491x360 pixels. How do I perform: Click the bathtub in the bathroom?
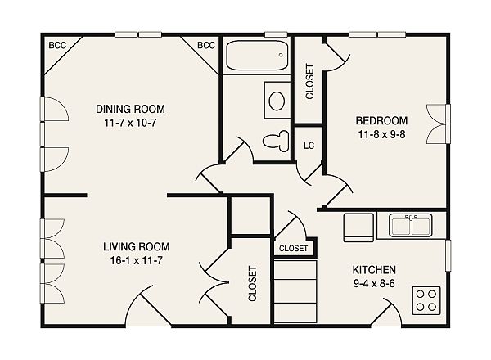tap(257, 56)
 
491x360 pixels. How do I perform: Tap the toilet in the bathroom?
tap(276, 142)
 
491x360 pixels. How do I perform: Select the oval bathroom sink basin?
tap(277, 101)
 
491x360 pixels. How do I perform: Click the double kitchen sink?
tap(411, 225)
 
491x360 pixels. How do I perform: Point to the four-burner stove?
tap(426, 300)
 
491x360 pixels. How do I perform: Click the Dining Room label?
tap(130, 109)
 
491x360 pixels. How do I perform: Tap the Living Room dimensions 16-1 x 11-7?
tap(136, 260)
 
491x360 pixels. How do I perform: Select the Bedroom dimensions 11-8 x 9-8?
tap(381, 135)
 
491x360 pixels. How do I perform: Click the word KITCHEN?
tap(374, 270)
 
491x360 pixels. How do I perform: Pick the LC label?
tap(309, 146)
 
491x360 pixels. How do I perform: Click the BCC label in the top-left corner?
tap(57, 45)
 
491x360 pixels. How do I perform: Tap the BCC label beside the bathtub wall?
tap(206, 45)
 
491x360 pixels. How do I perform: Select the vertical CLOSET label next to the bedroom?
tap(309, 82)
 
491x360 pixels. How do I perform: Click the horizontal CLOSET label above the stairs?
tap(294, 249)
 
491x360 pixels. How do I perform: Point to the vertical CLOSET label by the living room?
tap(252, 284)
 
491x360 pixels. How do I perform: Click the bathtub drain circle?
tap(281, 55)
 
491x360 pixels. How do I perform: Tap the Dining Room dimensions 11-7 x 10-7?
tap(130, 123)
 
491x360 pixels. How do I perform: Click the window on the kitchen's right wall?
tap(448, 255)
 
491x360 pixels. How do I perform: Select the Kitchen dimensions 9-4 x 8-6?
tap(374, 284)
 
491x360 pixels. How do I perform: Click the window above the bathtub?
tap(276, 34)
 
